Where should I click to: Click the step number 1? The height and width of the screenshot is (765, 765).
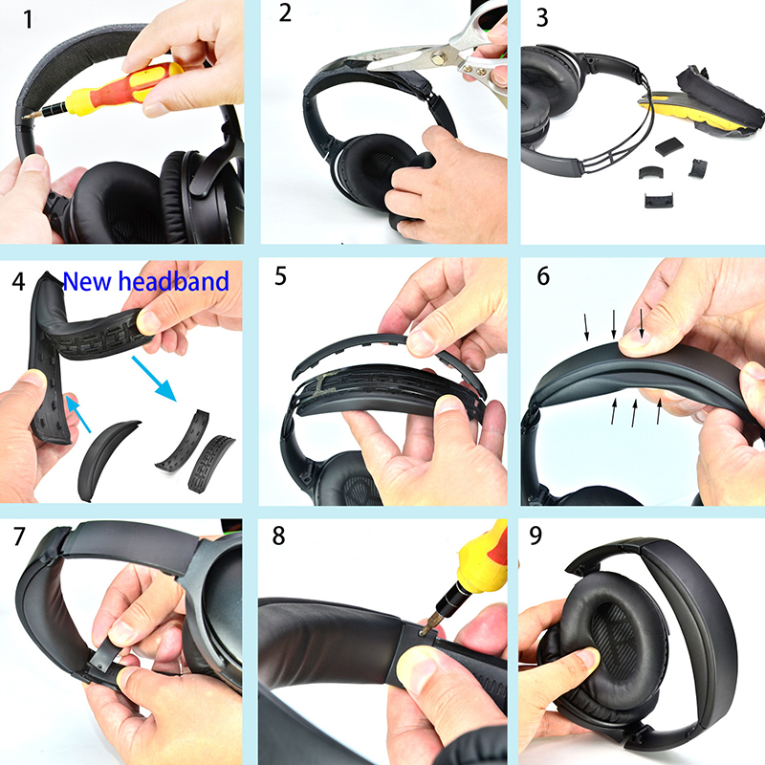28,20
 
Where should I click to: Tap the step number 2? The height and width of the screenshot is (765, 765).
285,12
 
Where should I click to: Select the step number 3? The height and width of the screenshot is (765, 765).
542,17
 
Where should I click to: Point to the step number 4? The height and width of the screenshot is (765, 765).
18,281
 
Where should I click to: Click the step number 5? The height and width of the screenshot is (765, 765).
280,276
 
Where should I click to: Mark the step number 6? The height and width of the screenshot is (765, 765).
543,276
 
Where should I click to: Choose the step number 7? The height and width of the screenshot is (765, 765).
19,536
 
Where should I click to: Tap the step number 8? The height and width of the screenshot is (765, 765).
278,535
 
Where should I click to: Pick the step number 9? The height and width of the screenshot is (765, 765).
535,535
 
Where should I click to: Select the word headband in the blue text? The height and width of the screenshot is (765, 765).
174,281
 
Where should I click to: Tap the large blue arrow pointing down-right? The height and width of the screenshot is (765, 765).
154,379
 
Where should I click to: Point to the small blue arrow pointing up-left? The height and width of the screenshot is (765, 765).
78,414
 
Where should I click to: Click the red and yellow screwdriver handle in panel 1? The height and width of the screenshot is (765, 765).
126,88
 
